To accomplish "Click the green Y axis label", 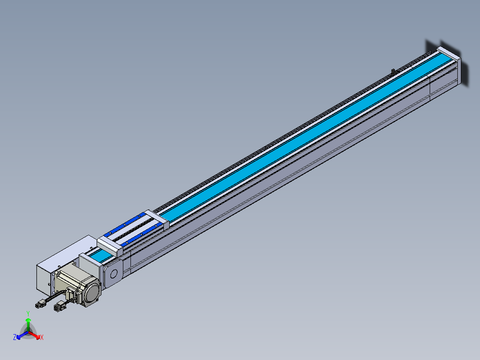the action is pos(28,313).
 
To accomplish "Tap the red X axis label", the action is pos(42,337).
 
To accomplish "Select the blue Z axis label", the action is pos(15,337).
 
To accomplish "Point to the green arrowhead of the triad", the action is pos(28,320).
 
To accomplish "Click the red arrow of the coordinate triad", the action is pos(34,335).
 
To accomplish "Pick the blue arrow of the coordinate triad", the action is pos(22,335).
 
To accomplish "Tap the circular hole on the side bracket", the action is pos(114,274).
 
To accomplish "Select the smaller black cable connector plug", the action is pos(39,305).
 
